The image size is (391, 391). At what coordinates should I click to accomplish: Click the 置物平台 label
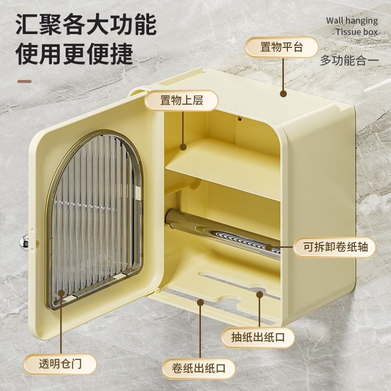pyautogui.click(x=281, y=47)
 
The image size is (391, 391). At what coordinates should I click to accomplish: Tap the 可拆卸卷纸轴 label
pyautogui.click(x=335, y=247)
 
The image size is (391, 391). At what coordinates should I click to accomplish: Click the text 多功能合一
pyautogui.click(x=349, y=61)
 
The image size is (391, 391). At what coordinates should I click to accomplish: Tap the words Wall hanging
pyautogui.click(x=351, y=21)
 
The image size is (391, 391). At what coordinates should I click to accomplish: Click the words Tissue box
pyautogui.click(x=357, y=32)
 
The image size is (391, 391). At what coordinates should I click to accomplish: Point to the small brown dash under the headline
pyautogui.click(x=24, y=81)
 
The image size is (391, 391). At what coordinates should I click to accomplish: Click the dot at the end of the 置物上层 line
pyautogui.click(x=183, y=146)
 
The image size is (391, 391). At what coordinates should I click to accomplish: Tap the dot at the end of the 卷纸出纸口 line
pyautogui.click(x=200, y=303)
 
